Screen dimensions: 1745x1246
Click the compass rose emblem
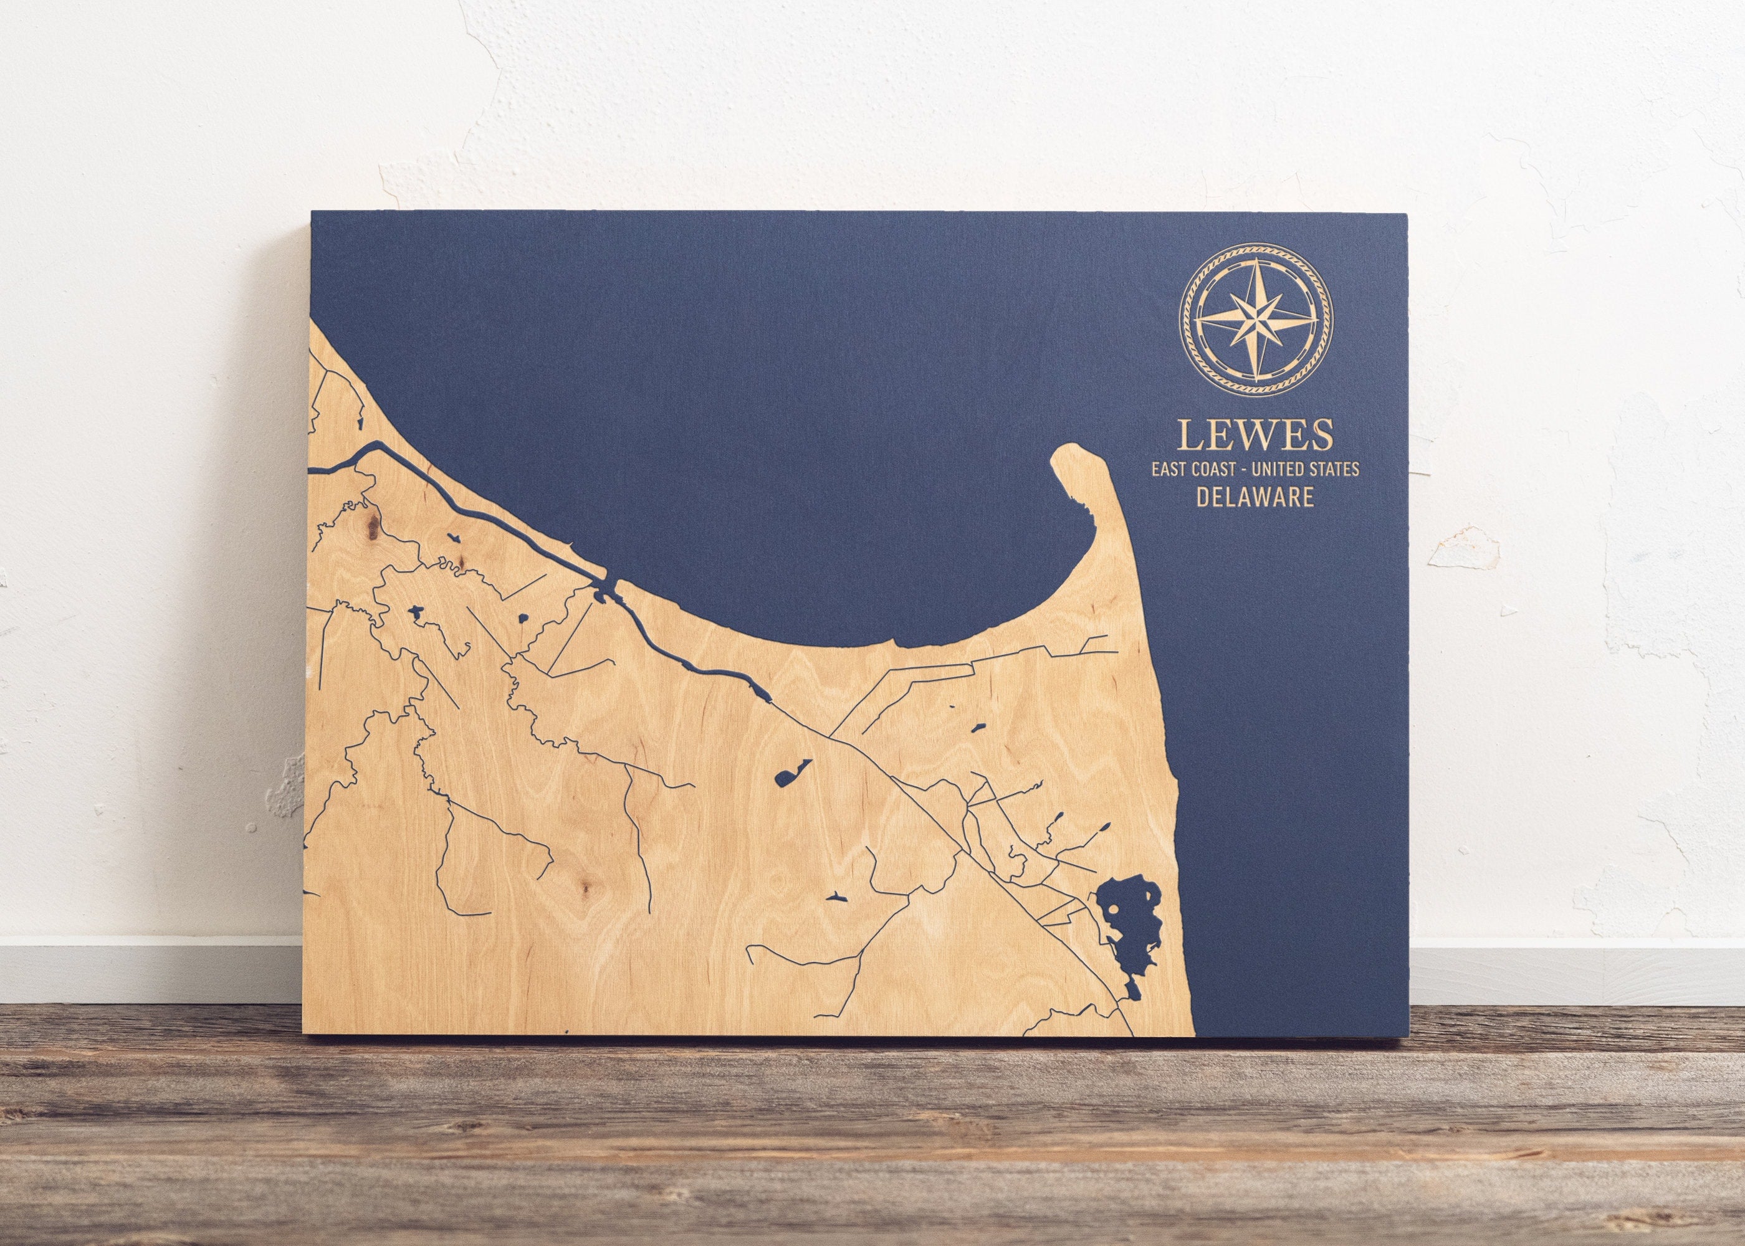[1257, 319]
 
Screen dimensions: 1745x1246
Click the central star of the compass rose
[1257, 319]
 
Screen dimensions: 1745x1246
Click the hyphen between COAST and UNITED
[1242, 468]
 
